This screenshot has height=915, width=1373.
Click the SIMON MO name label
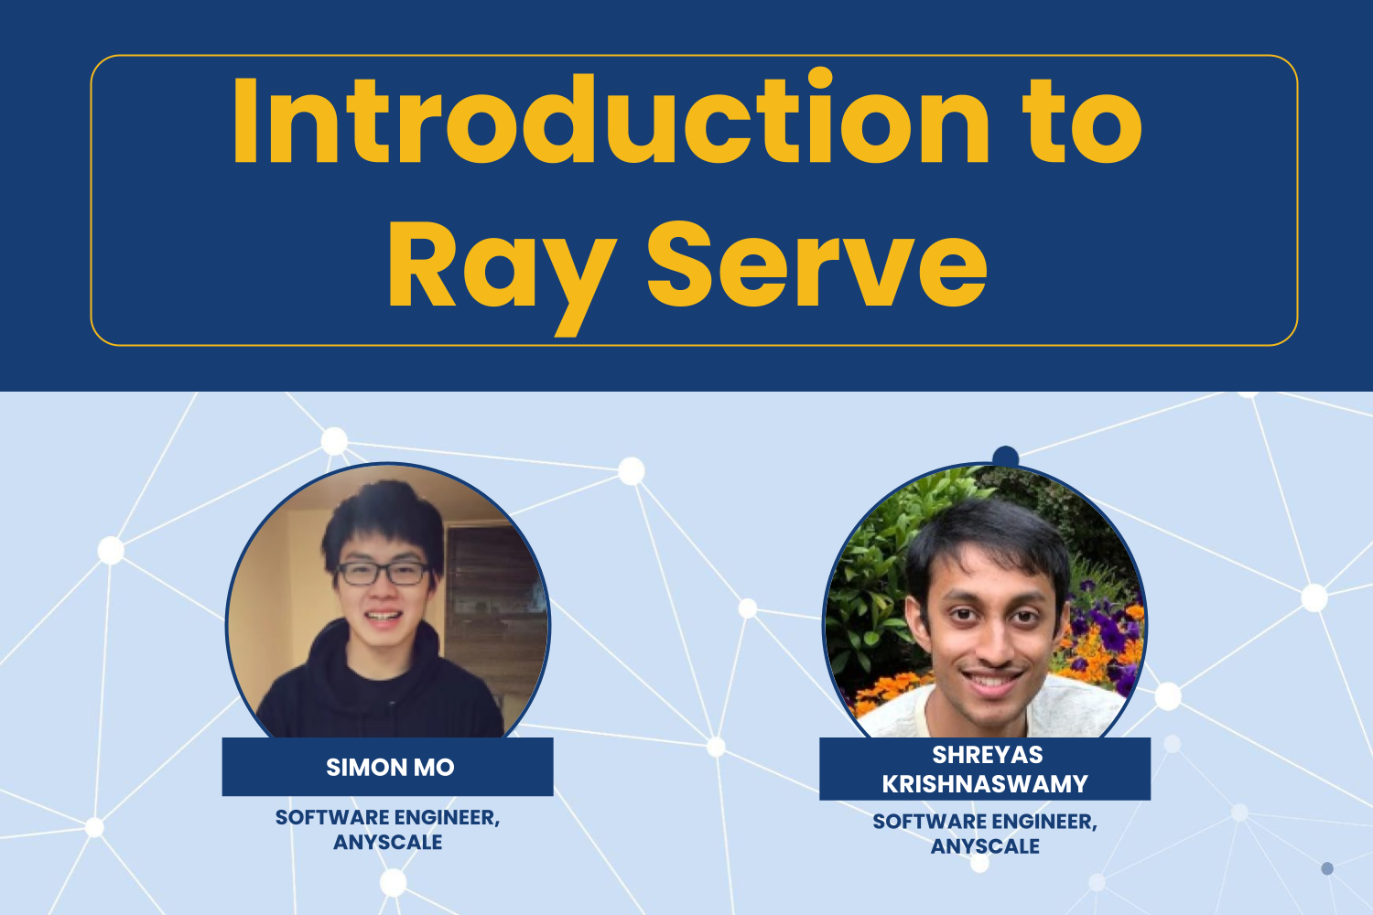389,767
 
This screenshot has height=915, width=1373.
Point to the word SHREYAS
987,755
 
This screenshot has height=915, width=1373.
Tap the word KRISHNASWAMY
985,784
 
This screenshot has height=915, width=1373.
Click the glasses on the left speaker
383,574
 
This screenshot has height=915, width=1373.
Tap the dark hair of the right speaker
989,531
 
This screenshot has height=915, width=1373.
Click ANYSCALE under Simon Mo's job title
387,842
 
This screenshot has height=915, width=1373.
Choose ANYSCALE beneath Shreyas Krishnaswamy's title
985,846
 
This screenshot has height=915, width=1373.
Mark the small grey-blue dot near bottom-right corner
1327,868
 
